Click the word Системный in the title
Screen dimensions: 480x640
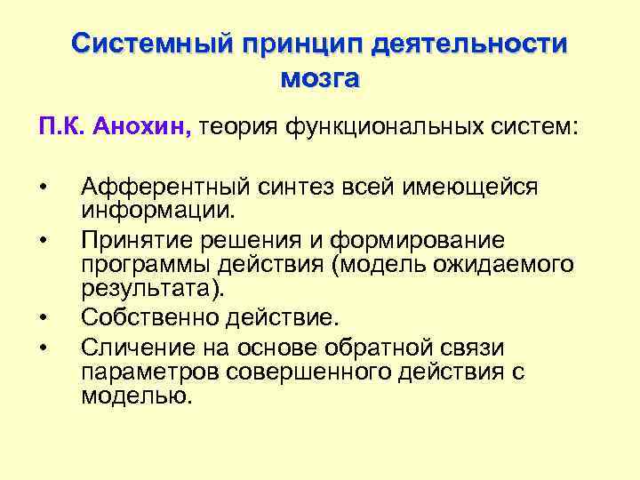click(151, 44)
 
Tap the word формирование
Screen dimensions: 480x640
click(429, 239)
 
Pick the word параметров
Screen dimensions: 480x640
click(149, 371)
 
